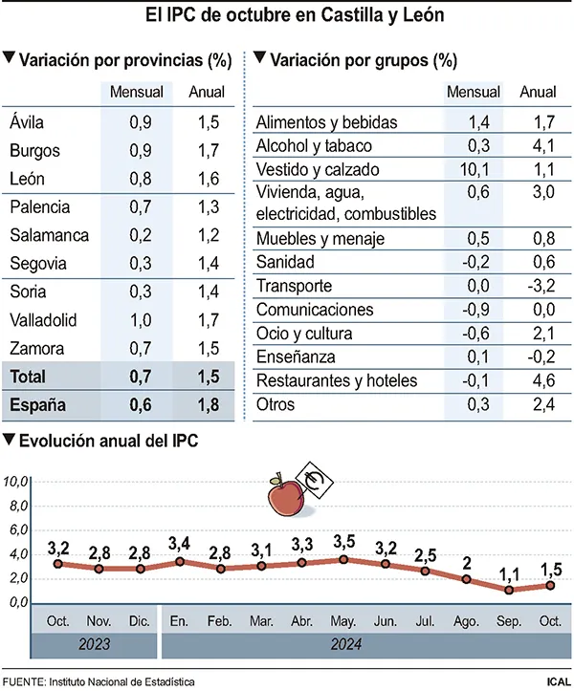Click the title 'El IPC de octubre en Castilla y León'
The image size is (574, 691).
[x=287, y=16]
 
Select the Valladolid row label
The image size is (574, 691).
[x=43, y=320]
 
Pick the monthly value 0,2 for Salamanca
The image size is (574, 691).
[x=139, y=235]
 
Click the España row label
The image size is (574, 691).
[x=37, y=404]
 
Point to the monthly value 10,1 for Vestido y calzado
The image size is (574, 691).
[x=474, y=169]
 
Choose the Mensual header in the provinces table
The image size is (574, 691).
[x=137, y=93]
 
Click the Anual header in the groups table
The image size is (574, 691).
[x=538, y=93]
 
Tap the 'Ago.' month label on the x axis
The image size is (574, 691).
[x=467, y=620]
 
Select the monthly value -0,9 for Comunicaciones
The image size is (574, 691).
[x=474, y=310]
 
